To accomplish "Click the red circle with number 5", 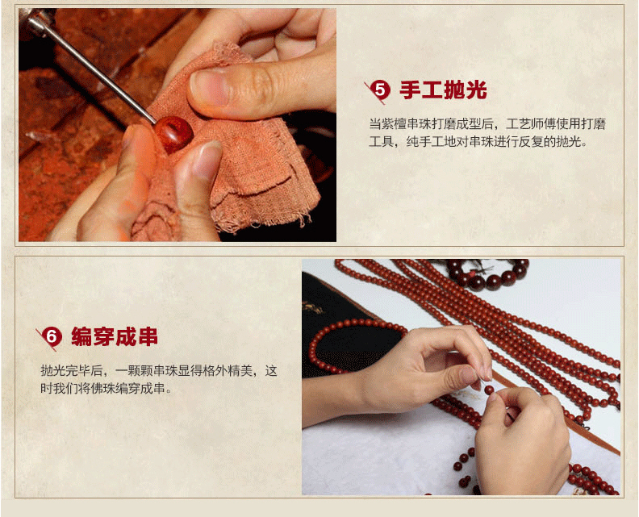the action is pos(380,90).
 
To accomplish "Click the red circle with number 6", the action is pos(52,337).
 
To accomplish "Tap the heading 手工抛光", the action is pos(444,90).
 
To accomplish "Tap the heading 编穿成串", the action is pos(115,337).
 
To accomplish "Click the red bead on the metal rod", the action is pos(173,133).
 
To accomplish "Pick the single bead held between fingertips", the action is pos(489,390).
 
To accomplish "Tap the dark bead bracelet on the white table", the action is pos(488,274).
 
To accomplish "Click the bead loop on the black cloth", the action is pos(353,346).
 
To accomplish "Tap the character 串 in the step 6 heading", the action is pos(148,337).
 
